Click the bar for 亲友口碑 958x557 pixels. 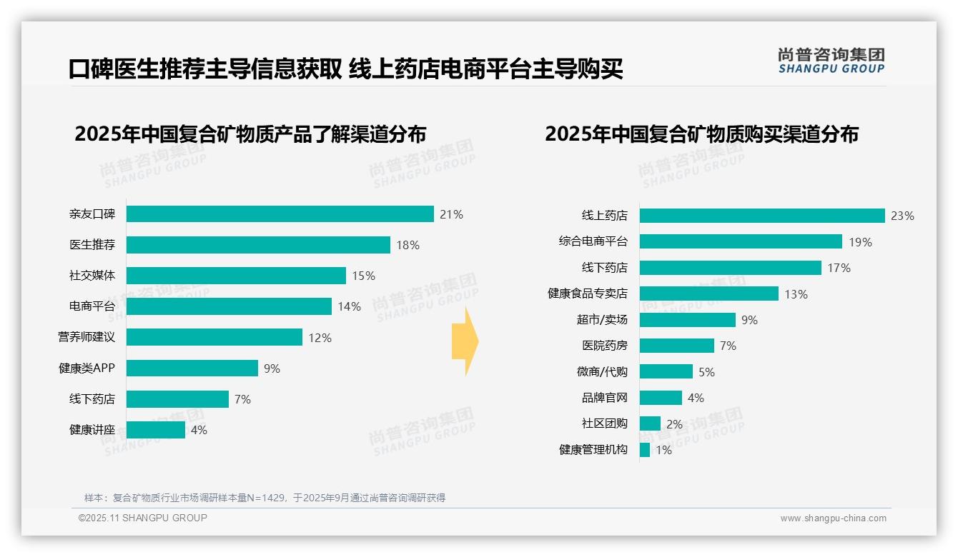280,214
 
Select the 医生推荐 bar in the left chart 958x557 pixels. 258,245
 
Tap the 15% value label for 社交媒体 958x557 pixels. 363,276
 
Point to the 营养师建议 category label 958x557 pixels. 87,337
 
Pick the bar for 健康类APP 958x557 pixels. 192,368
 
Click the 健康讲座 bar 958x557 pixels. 156,430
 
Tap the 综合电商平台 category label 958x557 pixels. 593,242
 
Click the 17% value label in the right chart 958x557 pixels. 839,269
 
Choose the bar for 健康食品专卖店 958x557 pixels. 708,293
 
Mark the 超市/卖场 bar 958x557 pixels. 687,320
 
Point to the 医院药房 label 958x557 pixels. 604,346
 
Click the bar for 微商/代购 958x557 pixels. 666,372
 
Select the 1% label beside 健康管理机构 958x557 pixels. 663,451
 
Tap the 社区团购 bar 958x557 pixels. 650,424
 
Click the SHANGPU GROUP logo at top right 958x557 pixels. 831,61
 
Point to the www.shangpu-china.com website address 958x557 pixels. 833,518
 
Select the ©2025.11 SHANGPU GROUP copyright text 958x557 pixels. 142,518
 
